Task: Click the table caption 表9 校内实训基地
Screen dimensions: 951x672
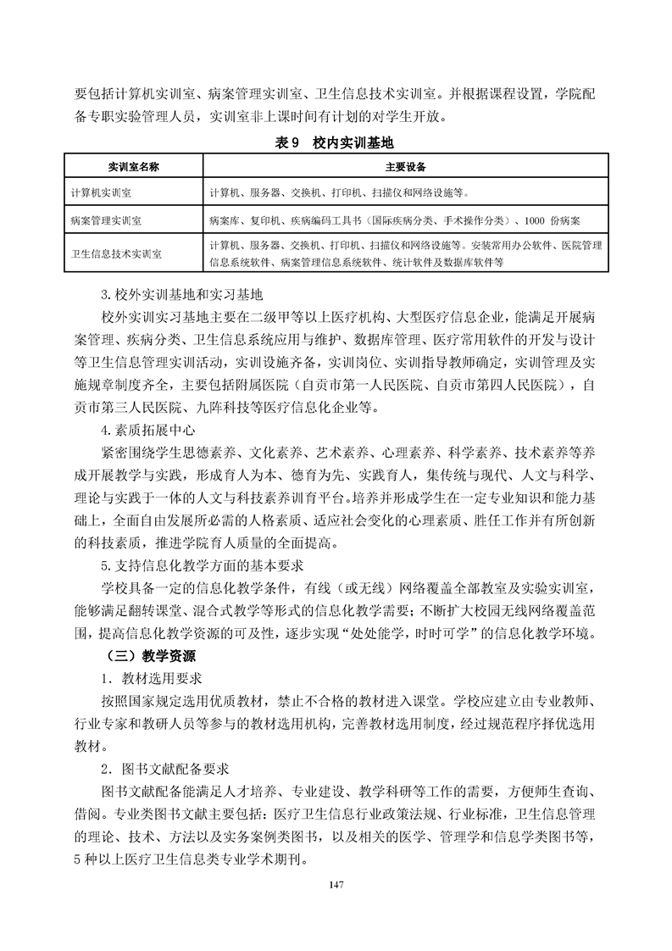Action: click(335, 143)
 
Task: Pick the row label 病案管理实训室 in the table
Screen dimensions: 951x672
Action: click(106, 220)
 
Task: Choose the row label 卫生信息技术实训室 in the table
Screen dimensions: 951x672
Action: click(117, 253)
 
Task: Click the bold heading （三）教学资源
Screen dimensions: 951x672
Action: click(153, 655)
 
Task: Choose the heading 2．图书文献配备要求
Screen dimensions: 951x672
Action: click(164, 770)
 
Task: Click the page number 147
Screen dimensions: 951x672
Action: click(336, 885)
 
